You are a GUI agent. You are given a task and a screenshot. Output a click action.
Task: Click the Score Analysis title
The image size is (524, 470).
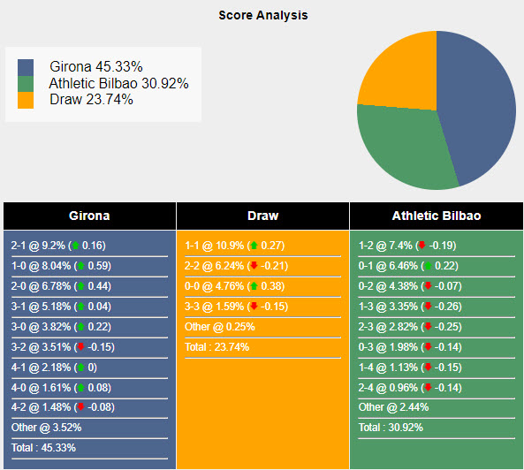(262, 15)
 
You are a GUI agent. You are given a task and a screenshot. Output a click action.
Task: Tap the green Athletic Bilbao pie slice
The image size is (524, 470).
(402, 146)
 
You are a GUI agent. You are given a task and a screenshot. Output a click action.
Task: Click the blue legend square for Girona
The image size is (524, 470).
(26, 67)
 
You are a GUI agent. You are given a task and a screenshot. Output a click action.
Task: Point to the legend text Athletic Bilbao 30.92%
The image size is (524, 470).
(119, 84)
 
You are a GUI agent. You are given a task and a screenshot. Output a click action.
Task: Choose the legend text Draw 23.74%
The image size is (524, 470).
(91, 100)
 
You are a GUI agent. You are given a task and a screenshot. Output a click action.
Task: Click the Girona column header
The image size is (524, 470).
(89, 216)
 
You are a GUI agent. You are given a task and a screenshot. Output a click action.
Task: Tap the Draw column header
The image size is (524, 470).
(262, 216)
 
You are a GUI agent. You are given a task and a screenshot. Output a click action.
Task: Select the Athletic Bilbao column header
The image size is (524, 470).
(437, 216)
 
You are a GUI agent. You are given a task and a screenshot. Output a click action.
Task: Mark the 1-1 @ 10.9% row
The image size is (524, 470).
(234, 246)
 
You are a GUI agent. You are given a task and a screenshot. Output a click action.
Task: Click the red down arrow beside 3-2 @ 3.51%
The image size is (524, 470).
(80, 347)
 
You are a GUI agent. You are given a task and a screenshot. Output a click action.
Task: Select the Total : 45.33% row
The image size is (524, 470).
(44, 447)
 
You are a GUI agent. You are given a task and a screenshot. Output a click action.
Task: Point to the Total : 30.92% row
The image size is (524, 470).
(391, 427)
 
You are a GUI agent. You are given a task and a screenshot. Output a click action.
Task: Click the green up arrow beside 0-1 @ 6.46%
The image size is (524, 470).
(428, 266)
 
